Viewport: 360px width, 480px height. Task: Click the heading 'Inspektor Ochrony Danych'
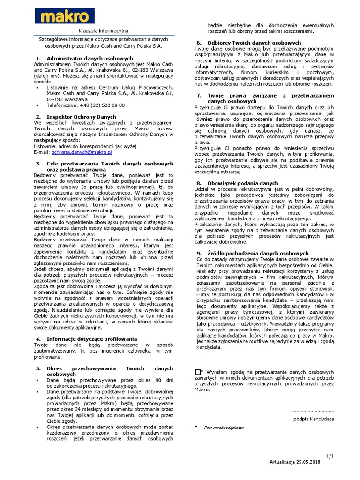(81, 116)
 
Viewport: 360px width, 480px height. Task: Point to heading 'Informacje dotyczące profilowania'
(92, 338)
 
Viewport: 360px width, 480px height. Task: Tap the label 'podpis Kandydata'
(314, 419)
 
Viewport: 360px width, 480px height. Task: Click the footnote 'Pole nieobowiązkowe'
(224, 428)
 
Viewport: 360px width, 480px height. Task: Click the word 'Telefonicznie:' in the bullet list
(62, 105)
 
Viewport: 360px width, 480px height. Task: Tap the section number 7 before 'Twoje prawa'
(198, 95)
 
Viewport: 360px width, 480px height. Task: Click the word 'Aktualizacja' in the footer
(283, 462)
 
